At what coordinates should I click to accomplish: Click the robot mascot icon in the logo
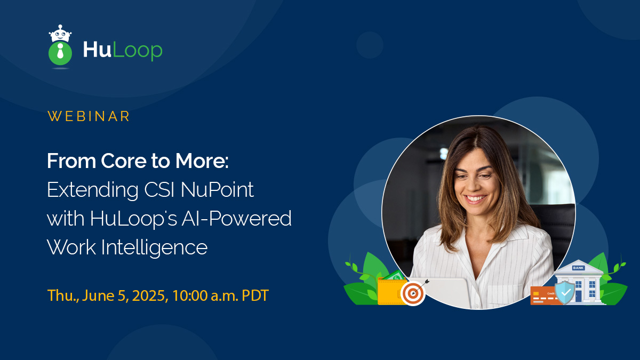[60, 46]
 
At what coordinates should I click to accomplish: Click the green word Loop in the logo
[138, 51]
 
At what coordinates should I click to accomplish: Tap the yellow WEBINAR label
[89, 116]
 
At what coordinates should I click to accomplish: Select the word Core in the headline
[124, 161]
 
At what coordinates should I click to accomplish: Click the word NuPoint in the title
[217, 189]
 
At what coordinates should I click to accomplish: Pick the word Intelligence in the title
[154, 247]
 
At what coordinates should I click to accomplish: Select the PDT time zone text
[255, 295]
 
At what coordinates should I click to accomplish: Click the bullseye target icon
[413, 293]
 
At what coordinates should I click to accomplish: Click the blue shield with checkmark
[565, 293]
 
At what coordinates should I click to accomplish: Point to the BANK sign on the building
[578, 268]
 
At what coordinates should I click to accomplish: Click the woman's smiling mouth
[476, 198]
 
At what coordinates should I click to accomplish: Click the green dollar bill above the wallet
[395, 275]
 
